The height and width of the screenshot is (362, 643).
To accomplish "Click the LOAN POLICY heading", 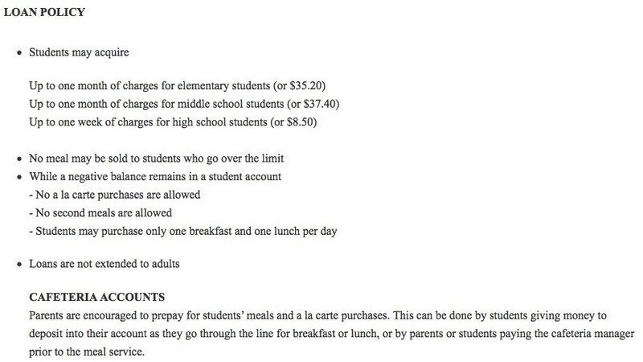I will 44,13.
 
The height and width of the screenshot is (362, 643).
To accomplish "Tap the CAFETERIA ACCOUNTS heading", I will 96,297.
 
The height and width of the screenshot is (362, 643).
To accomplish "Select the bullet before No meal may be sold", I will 18,158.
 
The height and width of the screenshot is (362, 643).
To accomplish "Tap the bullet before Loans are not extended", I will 18,264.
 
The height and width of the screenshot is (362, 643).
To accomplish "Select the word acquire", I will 111,53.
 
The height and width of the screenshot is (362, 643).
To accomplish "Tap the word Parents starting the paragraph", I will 47,315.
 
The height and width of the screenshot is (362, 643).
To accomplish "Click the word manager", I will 612,333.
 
